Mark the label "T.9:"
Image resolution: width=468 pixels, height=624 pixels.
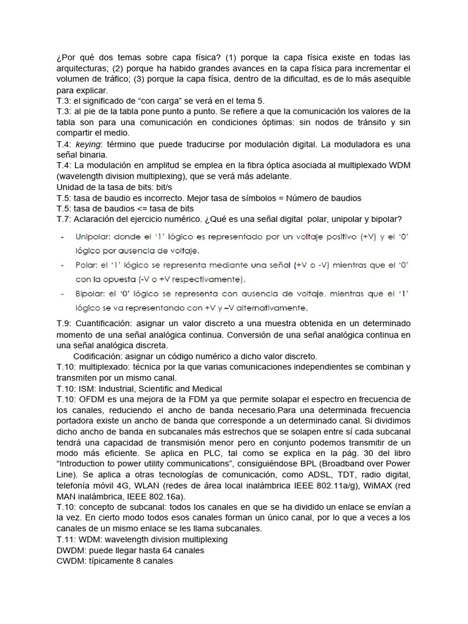pyautogui.click(x=64, y=322)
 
